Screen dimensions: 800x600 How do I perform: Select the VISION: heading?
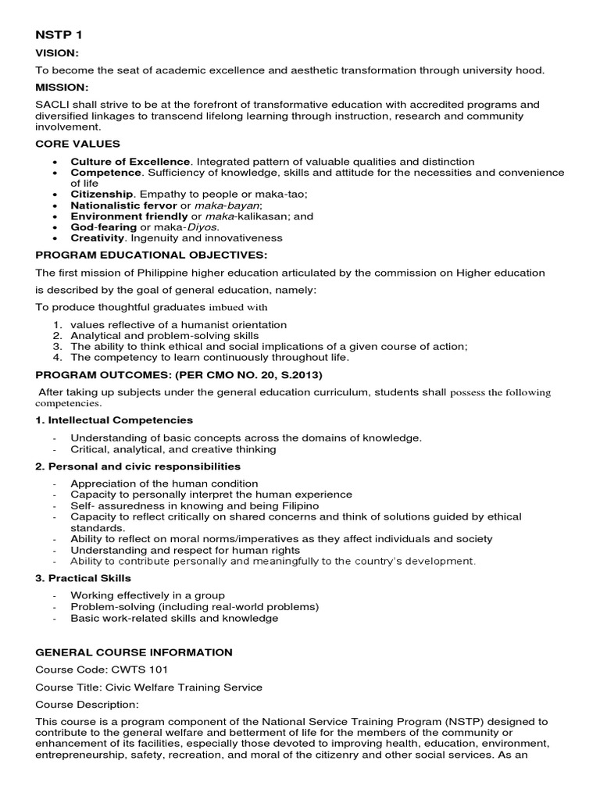click(55, 53)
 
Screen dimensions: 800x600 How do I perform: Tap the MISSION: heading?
click(61, 87)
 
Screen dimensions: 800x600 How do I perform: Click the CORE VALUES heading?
click(77, 144)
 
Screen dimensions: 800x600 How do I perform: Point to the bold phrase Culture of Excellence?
click(130, 161)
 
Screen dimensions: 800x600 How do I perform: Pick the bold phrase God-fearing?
click(103, 227)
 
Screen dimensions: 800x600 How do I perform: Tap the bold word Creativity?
click(98, 237)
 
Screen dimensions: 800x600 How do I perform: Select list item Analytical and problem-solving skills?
click(164, 335)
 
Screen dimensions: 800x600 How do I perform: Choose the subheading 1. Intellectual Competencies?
click(114, 420)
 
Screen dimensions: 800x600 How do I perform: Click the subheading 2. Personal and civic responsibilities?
click(137, 466)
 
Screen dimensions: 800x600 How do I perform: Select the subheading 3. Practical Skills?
click(84, 578)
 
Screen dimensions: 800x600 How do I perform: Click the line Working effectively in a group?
click(148, 595)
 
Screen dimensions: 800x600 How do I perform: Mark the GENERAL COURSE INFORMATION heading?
click(134, 652)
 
